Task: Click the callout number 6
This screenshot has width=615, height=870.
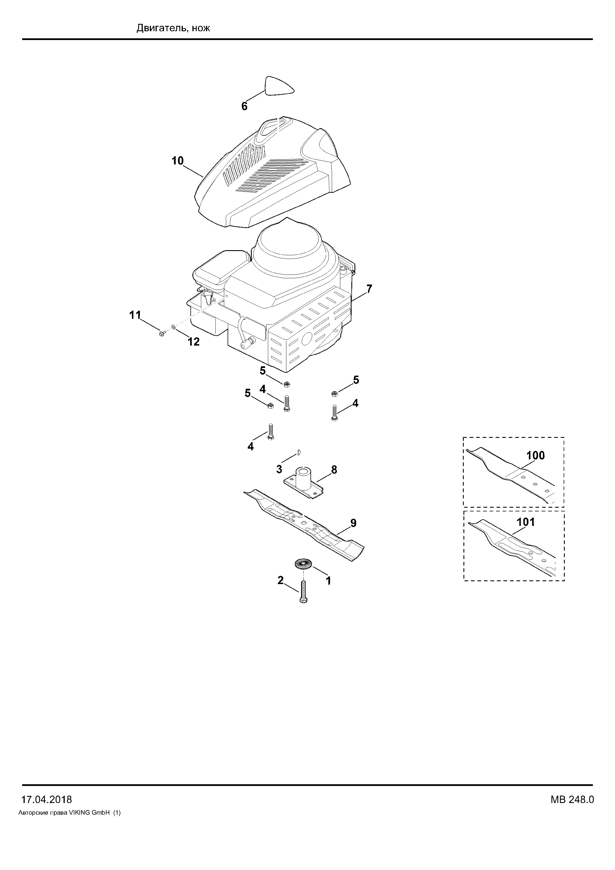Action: tap(244, 106)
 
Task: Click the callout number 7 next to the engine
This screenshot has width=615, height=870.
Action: tap(369, 289)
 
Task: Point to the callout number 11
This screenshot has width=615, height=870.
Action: tap(135, 315)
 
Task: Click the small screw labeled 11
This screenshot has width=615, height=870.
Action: tap(162, 333)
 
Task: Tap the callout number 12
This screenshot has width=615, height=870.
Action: tap(194, 342)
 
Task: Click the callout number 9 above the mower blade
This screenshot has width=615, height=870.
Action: tap(353, 523)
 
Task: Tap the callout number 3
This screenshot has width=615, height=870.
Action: tap(279, 469)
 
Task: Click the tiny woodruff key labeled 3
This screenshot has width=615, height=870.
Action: tap(299, 452)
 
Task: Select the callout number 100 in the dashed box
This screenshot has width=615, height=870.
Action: tap(536, 455)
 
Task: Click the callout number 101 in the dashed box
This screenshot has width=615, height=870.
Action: tap(526, 522)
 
